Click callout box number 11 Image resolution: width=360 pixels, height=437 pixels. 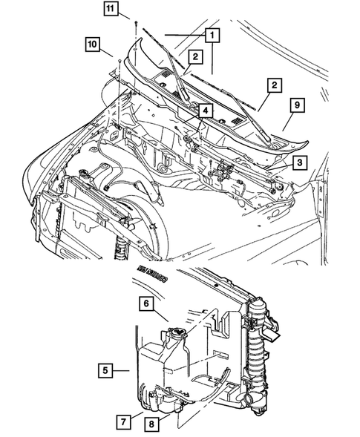point(111,10)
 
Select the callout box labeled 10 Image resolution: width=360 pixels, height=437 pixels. point(93,45)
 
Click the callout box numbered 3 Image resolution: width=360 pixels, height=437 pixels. point(298,162)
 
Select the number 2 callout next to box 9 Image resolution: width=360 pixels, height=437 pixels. point(274,88)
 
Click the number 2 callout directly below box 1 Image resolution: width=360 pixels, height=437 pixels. point(194,56)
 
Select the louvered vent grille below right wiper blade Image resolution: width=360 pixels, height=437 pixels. point(236,121)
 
